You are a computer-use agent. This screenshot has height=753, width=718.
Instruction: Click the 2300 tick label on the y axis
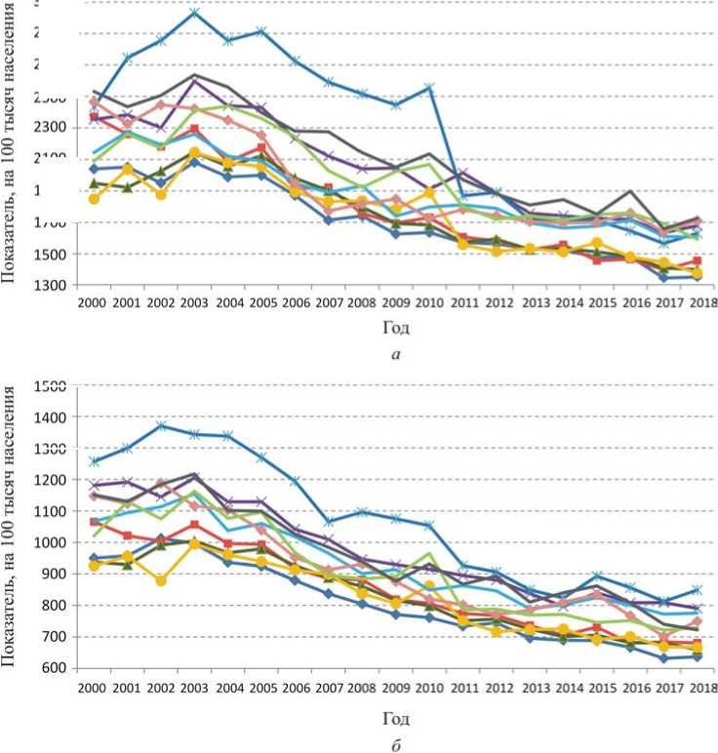coord(51,128)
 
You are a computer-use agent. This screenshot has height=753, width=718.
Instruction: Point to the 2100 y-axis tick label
coord(51,159)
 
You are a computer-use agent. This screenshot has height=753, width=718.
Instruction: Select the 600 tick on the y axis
coord(57,668)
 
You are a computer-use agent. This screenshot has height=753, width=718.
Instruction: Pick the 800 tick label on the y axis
coord(57,606)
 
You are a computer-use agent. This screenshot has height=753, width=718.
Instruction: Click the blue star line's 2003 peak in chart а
coord(194,13)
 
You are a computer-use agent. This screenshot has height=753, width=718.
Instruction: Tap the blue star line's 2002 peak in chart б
coord(162,425)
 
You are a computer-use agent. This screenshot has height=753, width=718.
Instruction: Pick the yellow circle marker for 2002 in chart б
coord(162,580)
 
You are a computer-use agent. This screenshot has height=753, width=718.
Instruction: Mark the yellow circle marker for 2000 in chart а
coord(94,199)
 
